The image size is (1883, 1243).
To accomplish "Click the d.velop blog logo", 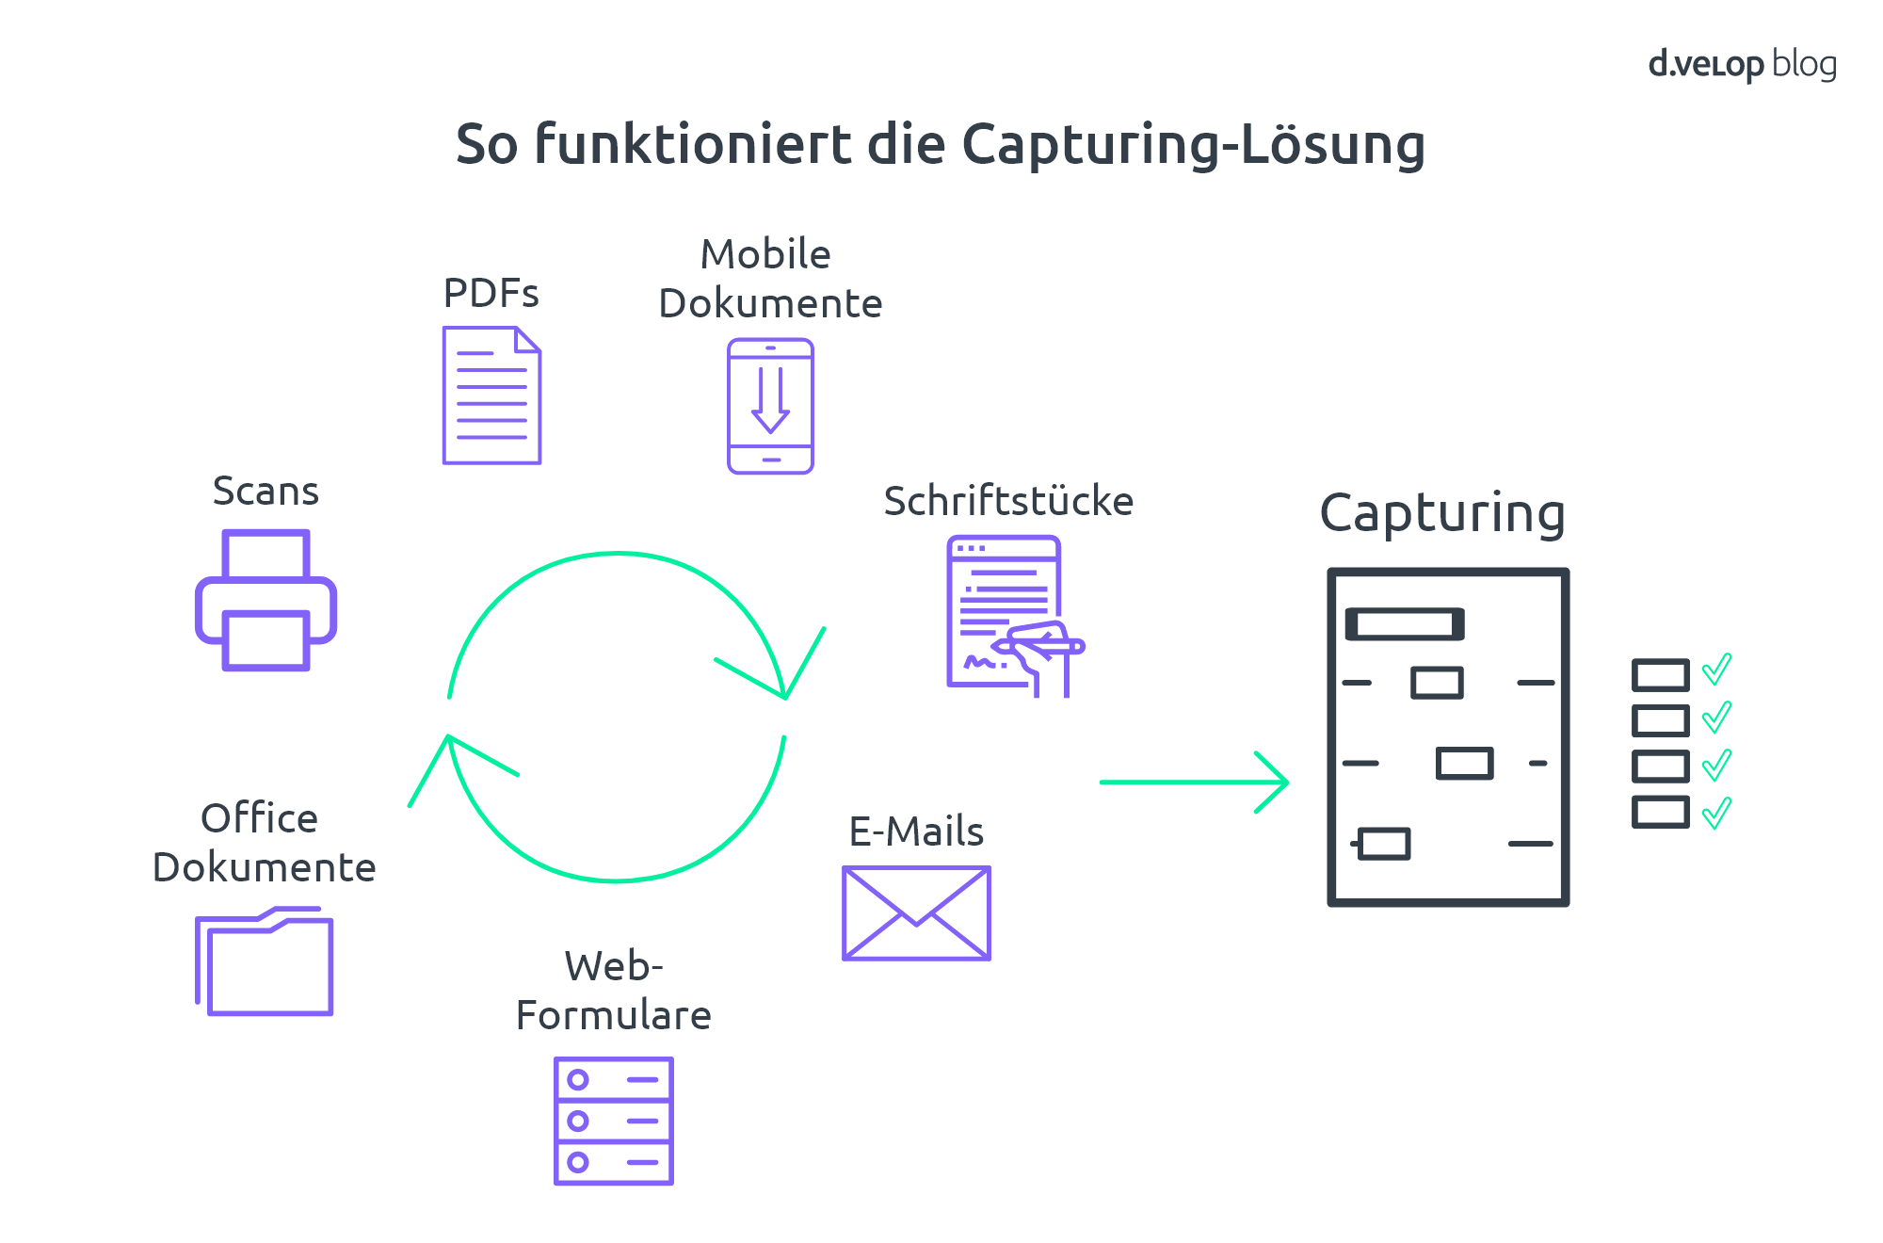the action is pyautogui.click(x=1742, y=64).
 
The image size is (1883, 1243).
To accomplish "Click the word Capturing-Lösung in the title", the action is pyautogui.click(x=1194, y=145).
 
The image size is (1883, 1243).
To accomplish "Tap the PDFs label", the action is pyautogui.click(x=491, y=293).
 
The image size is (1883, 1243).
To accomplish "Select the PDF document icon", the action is pyautogui.click(x=491, y=395).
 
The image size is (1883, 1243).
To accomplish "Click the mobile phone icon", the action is pyautogui.click(x=770, y=406).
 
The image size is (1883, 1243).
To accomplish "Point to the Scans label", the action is pyautogui.click(x=266, y=491).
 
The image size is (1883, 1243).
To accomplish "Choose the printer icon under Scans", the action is pyautogui.click(x=266, y=600).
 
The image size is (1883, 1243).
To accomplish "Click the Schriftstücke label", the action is pyautogui.click(x=1008, y=501).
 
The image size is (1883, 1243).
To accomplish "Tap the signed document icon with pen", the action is pyautogui.click(x=1015, y=617).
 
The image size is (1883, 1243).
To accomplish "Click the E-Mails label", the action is pyautogui.click(x=916, y=831).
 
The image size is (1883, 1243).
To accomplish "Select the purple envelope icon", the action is pyautogui.click(x=916, y=913).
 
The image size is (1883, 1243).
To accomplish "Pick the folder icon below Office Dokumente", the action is pyautogui.click(x=265, y=961).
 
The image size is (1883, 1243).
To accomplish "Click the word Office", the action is pyautogui.click(x=259, y=818).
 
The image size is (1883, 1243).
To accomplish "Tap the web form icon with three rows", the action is pyautogui.click(x=614, y=1121).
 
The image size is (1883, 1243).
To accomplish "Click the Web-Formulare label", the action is pyautogui.click(x=614, y=991).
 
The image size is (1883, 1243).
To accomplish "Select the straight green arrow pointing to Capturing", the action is pyautogui.click(x=1194, y=782).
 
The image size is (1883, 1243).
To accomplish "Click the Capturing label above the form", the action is pyautogui.click(x=1442, y=514).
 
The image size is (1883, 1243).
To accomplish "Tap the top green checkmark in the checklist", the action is pyautogui.click(x=1716, y=670).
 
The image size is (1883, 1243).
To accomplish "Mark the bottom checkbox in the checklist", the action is pyautogui.click(x=1660, y=812).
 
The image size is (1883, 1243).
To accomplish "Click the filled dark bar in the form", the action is pyautogui.click(x=1405, y=623).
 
